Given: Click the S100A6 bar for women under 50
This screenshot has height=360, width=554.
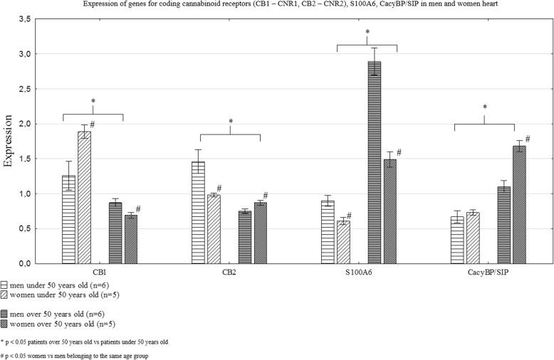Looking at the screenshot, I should click(343, 242).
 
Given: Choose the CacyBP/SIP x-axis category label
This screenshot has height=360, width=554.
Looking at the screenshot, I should click(487, 272).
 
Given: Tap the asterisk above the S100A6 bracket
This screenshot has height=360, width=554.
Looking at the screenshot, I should click(367, 33).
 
